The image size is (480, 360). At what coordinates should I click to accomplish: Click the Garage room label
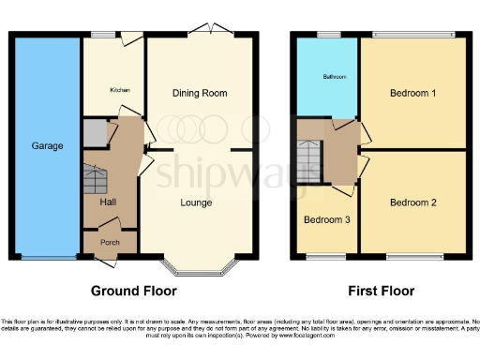(48, 146)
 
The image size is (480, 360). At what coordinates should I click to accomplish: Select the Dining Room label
(199, 94)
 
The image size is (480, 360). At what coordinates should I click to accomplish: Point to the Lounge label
(195, 202)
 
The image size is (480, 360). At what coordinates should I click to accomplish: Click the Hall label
(107, 202)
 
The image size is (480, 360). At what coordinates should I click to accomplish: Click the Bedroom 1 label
(412, 93)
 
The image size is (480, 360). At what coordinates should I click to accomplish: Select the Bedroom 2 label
(412, 202)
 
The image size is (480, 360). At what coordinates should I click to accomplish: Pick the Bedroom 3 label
(325, 220)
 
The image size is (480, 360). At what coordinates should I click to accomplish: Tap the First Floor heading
(382, 291)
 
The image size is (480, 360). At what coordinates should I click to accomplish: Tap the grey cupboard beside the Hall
(95, 133)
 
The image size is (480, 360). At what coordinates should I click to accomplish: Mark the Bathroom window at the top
(327, 36)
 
